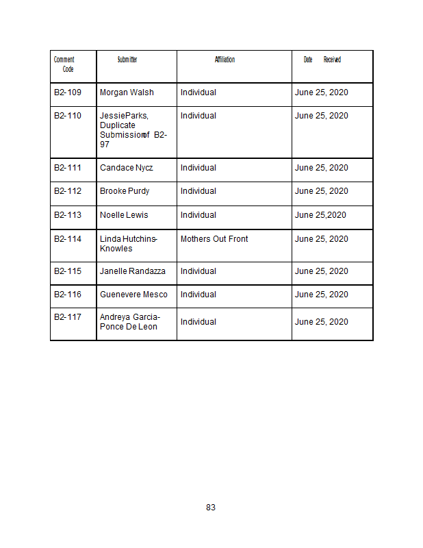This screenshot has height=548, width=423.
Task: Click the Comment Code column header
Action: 65,64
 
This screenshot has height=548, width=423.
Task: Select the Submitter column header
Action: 127,60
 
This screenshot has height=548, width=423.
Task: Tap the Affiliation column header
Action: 225,60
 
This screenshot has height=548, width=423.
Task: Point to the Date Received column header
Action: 322,60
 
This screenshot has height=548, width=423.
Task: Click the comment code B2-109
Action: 68,92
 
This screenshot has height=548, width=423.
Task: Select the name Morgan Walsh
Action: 127,92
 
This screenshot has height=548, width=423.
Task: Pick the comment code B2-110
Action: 68,116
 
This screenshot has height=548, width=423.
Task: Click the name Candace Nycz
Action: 127,168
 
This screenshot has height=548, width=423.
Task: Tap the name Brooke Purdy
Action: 125,191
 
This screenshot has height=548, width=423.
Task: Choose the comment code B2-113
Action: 68,215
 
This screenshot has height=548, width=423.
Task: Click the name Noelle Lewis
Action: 124,215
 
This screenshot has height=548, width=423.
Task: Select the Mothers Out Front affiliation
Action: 214,239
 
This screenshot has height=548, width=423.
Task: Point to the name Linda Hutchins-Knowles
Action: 129,243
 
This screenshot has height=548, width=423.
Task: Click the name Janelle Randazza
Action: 133,271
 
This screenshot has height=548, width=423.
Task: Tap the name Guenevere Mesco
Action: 133,295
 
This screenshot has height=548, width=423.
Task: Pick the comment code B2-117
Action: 68,317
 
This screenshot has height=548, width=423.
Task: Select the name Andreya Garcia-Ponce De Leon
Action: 130,322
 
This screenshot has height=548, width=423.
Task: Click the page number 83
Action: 211,508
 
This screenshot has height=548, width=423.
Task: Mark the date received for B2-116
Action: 321,295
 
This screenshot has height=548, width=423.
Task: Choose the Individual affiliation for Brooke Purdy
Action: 198,191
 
